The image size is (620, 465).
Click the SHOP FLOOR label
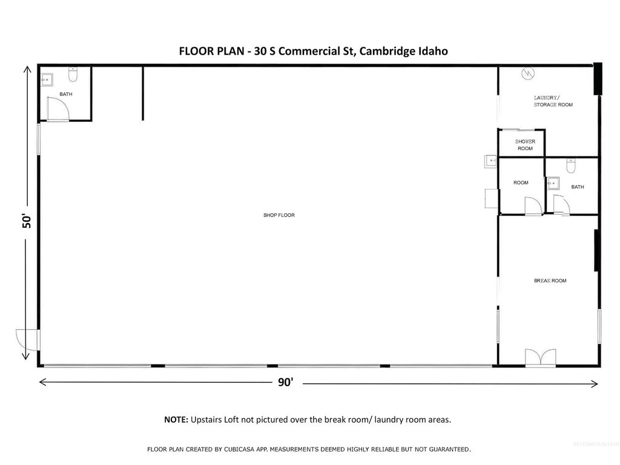(279, 215)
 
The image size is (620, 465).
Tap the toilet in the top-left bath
(73, 75)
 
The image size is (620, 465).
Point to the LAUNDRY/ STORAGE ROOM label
(552, 101)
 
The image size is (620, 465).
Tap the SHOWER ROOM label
(525, 145)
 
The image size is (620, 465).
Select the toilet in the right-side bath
(570, 165)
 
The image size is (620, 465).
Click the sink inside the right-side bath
(552, 183)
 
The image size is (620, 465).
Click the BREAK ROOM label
(550, 281)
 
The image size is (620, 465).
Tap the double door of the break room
(540, 358)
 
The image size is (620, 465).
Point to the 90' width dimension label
(285, 382)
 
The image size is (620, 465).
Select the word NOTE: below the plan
(176, 420)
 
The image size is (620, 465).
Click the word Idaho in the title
(433, 51)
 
